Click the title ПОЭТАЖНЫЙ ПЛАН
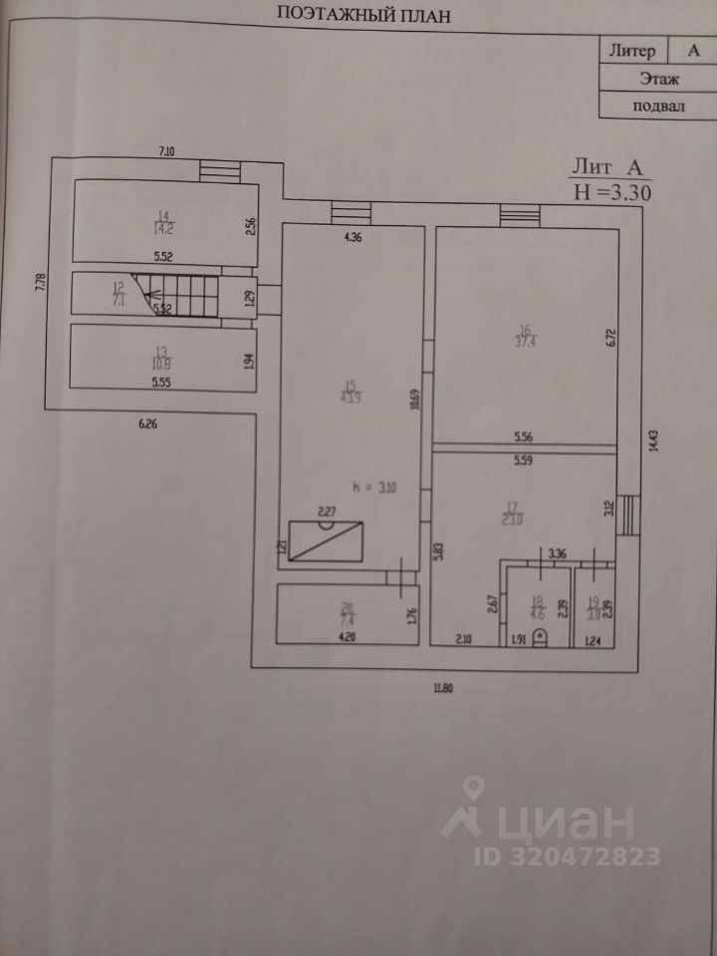click(x=364, y=14)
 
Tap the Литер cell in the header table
click(x=630, y=50)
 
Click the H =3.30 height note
click(x=610, y=193)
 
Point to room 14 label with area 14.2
click(x=162, y=220)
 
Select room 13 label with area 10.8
click(x=160, y=356)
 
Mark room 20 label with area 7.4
click(x=347, y=611)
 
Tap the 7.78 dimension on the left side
click(x=41, y=281)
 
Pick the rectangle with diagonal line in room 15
click(x=325, y=542)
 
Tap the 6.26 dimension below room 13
click(x=148, y=424)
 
